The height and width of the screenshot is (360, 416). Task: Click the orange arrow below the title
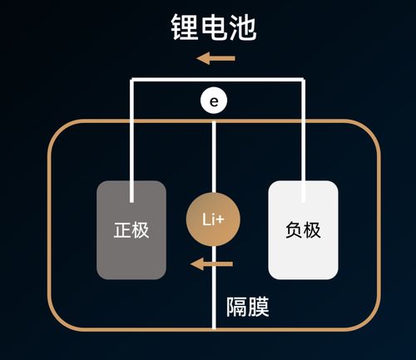215,58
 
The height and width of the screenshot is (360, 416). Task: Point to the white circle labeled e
215,101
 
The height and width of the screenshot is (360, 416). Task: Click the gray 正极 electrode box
131,229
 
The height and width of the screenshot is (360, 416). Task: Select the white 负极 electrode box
303,229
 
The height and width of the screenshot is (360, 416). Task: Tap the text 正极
131,230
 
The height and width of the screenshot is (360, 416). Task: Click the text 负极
302,230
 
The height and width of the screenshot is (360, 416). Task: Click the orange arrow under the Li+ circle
212,264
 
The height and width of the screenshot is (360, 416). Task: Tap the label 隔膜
247,307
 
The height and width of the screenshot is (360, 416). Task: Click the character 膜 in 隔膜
259,307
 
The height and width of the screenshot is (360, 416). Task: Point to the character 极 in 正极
141,230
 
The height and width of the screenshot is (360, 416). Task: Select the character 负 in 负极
293,230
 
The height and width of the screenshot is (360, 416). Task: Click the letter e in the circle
215,101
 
